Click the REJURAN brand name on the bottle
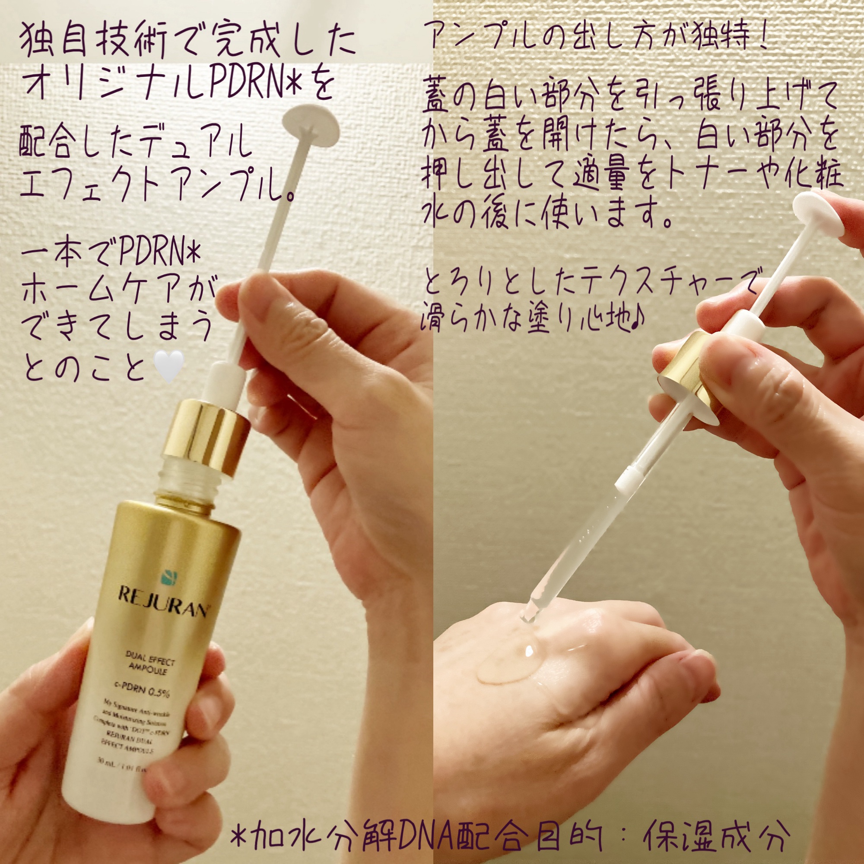[x=163, y=602]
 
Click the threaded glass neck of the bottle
[x=193, y=476]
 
